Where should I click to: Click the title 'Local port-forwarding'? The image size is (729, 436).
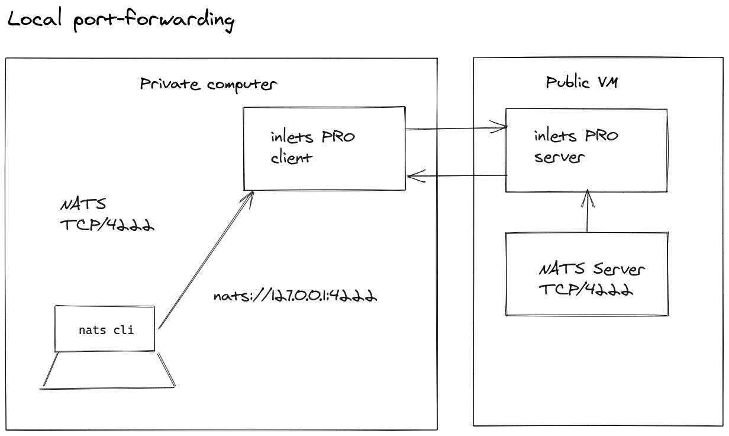click(121, 20)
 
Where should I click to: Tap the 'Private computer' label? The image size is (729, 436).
click(208, 84)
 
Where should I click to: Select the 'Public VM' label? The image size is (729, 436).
click(581, 82)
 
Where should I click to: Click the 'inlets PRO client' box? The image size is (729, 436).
click(325, 148)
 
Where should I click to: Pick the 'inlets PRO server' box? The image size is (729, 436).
click(586, 150)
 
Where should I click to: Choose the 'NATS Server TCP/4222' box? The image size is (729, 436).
click(586, 274)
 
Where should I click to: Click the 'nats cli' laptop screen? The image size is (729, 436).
click(105, 329)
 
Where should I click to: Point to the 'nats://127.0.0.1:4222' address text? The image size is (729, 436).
click(295, 295)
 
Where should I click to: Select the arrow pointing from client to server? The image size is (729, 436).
click(456, 127)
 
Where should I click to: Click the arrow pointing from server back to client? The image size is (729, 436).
click(456, 175)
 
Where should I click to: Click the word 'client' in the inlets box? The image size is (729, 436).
click(291, 158)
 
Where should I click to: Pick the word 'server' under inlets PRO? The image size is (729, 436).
click(559, 158)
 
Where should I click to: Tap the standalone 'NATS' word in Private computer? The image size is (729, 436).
click(83, 205)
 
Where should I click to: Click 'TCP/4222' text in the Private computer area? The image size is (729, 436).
click(107, 225)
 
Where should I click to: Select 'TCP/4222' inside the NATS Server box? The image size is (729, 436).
click(586, 290)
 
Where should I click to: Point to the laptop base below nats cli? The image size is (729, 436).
click(108, 372)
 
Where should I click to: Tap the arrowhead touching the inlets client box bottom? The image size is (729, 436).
click(250, 195)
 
